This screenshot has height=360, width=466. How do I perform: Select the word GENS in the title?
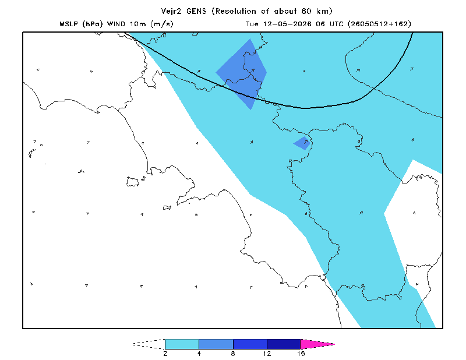196,11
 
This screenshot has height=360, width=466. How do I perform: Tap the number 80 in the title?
306,11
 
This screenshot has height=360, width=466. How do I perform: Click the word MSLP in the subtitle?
69,24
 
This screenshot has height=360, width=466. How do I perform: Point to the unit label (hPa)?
93,24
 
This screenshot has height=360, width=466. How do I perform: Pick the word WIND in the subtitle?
116,24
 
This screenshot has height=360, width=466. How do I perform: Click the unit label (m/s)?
162,24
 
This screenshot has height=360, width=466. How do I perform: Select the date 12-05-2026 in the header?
287,24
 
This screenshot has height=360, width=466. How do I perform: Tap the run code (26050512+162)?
379,24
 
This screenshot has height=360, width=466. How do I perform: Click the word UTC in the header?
336,24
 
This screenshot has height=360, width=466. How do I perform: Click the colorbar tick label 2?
165,354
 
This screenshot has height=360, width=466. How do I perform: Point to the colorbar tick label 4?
199,354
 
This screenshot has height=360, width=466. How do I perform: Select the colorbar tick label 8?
233,354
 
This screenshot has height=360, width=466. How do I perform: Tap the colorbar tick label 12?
267,354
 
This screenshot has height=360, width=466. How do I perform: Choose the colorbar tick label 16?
301,354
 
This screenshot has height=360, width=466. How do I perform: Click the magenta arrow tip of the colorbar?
334,344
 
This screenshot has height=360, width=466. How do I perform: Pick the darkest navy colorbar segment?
284,344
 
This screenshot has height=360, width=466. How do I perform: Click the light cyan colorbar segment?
182,344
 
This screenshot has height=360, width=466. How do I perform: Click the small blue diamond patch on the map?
302,143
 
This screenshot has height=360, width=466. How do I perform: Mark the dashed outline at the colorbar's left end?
149,344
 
